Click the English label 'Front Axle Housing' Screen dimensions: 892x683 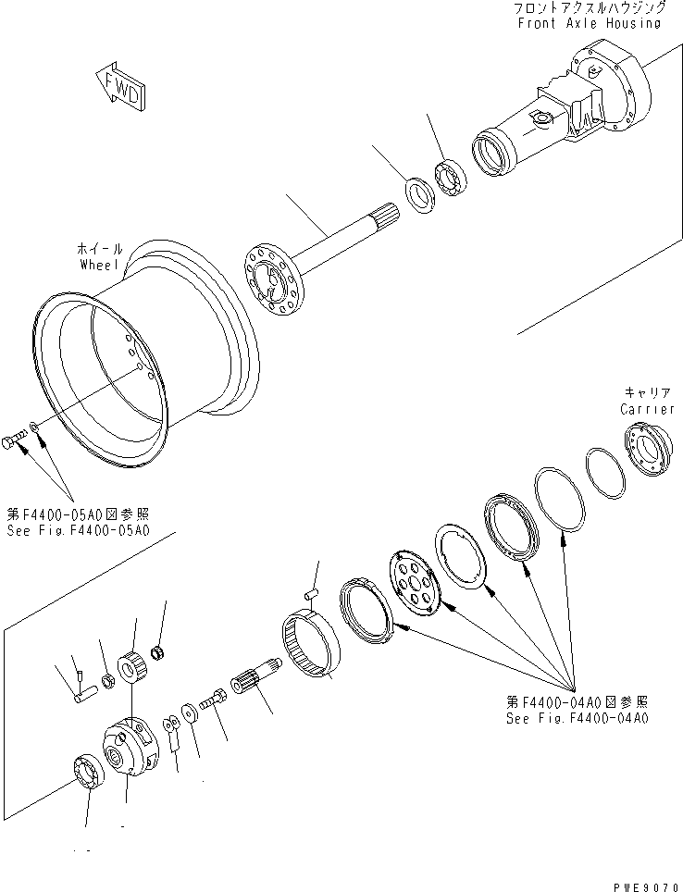[x=589, y=23]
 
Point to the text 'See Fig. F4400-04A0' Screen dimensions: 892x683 [x=577, y=717]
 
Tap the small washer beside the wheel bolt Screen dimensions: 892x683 [x=33, y=427]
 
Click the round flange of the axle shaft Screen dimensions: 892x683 [x=274, y=279]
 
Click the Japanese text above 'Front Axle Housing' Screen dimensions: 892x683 [x=589, y=7]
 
